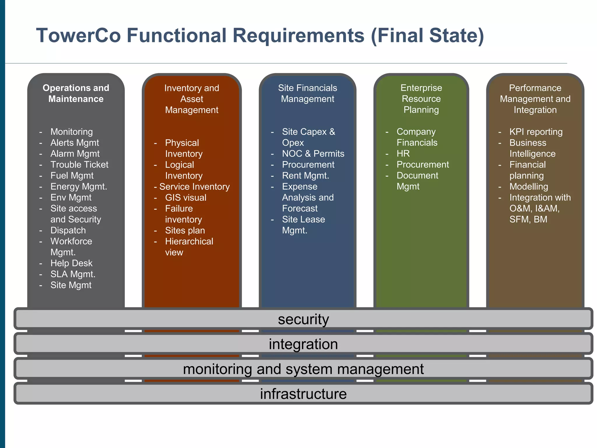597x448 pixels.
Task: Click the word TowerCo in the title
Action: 78,35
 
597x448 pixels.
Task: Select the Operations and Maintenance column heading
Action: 76,93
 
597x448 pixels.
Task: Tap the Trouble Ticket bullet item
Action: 79,164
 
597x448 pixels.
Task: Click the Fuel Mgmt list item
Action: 72,176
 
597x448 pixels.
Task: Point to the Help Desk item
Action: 71,263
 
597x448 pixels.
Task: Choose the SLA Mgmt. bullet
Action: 73,274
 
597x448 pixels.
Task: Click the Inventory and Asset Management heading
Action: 192,99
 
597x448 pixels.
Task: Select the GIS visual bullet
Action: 185,197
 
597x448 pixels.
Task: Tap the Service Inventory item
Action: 194,187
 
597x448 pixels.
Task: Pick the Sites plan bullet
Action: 185,230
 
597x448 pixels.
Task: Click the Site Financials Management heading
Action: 308,93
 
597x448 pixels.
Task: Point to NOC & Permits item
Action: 313,154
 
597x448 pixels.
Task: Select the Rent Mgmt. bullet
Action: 305,176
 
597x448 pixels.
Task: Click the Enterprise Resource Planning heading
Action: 421,99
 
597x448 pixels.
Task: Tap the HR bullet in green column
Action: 403,153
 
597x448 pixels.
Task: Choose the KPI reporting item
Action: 536,132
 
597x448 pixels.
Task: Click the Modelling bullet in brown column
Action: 528,187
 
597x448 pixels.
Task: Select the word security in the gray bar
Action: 303,319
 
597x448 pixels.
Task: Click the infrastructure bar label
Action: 303,394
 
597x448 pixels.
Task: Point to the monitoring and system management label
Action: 303,369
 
